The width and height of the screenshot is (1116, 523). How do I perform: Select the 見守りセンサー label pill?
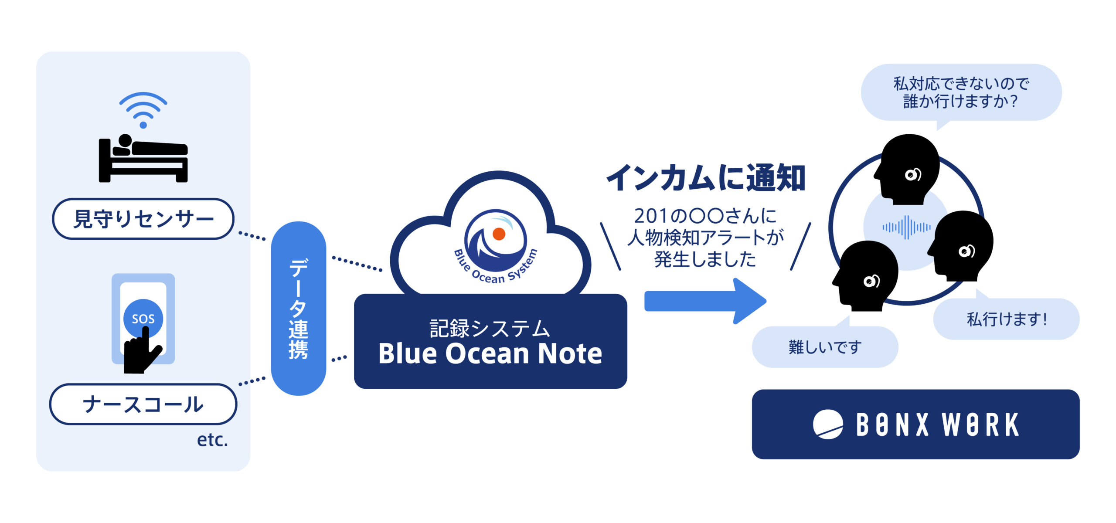(143, 219)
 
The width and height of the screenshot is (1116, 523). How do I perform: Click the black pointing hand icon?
(142, 350)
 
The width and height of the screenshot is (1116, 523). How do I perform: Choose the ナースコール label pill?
(143, 404)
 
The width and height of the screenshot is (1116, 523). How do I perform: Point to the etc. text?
(212, 440)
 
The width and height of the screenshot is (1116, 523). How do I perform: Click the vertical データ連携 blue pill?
(299, 309)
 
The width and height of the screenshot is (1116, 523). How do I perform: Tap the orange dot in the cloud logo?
(499, 234)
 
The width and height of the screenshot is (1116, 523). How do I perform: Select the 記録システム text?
(490, 328)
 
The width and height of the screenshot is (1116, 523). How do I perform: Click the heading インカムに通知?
(705, 178)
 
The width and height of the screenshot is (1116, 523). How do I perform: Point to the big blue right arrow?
(705, 301)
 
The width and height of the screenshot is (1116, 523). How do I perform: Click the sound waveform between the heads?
(906, 227)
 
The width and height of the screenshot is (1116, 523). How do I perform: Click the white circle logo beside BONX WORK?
(828, 424)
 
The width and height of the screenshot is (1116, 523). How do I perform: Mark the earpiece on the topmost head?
(913, 175)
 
